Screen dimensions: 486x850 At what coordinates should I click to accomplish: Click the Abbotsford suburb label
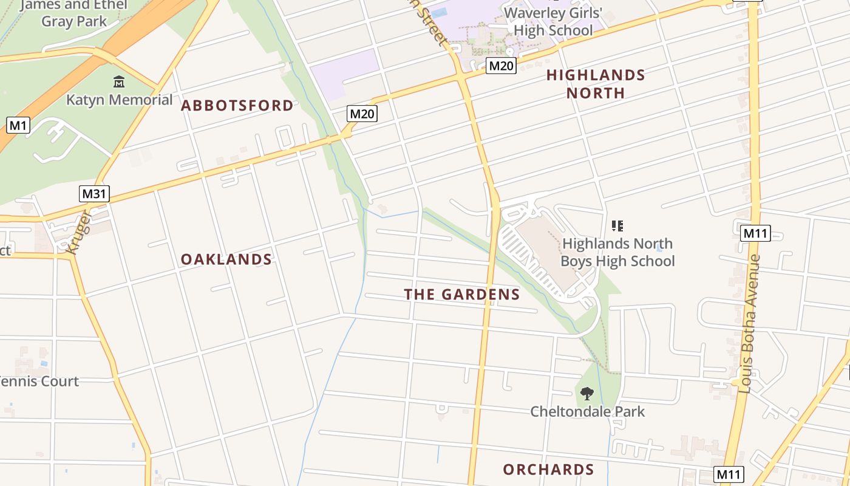pos(237,106)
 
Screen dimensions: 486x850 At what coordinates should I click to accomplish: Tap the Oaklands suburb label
pos(226,259)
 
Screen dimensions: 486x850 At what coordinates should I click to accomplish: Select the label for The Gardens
pos(462,295)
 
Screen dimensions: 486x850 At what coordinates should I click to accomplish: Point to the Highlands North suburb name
pos(596,84)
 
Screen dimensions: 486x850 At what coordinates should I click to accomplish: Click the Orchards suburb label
pos(548,470)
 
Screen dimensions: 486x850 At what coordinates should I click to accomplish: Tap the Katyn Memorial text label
pos(119,100)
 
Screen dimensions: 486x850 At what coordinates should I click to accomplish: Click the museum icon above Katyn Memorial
pos(119,81)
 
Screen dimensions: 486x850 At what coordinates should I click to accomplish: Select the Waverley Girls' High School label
pos(552,21)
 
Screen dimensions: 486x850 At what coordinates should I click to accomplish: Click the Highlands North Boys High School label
pos(617,252)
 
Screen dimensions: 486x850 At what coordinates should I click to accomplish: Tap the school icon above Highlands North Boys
pos(617,227)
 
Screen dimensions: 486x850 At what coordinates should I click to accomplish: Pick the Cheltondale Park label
pos(587,411)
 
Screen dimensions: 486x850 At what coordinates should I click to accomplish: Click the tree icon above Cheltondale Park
pos(586,394)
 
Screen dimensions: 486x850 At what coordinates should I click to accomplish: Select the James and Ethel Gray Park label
pos(75,13)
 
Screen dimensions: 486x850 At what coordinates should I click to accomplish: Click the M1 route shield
pos(18,126)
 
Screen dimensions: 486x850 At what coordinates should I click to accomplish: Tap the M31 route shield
pos(94,194)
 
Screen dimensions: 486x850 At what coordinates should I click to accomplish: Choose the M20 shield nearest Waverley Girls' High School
pos(501,66)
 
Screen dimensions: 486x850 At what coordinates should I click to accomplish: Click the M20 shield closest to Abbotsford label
pos(362,113)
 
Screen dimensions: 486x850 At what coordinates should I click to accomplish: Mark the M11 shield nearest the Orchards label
pos(729,474)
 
